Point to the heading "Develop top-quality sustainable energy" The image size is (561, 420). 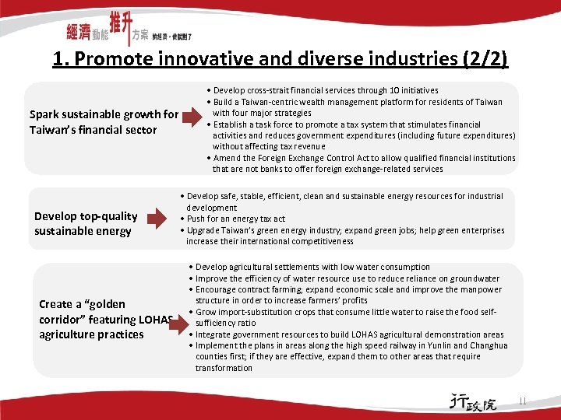pyautogui.click(x=85, y=223)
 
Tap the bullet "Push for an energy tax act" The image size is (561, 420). pyautogui.click(x=235, y=219)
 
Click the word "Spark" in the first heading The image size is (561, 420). pyautogui.click(x=47, y=114)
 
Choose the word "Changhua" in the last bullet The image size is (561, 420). pyautogui.click(x=489, y=345)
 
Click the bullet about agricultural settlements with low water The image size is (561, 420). pyautogui.click(x=312, y=268)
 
